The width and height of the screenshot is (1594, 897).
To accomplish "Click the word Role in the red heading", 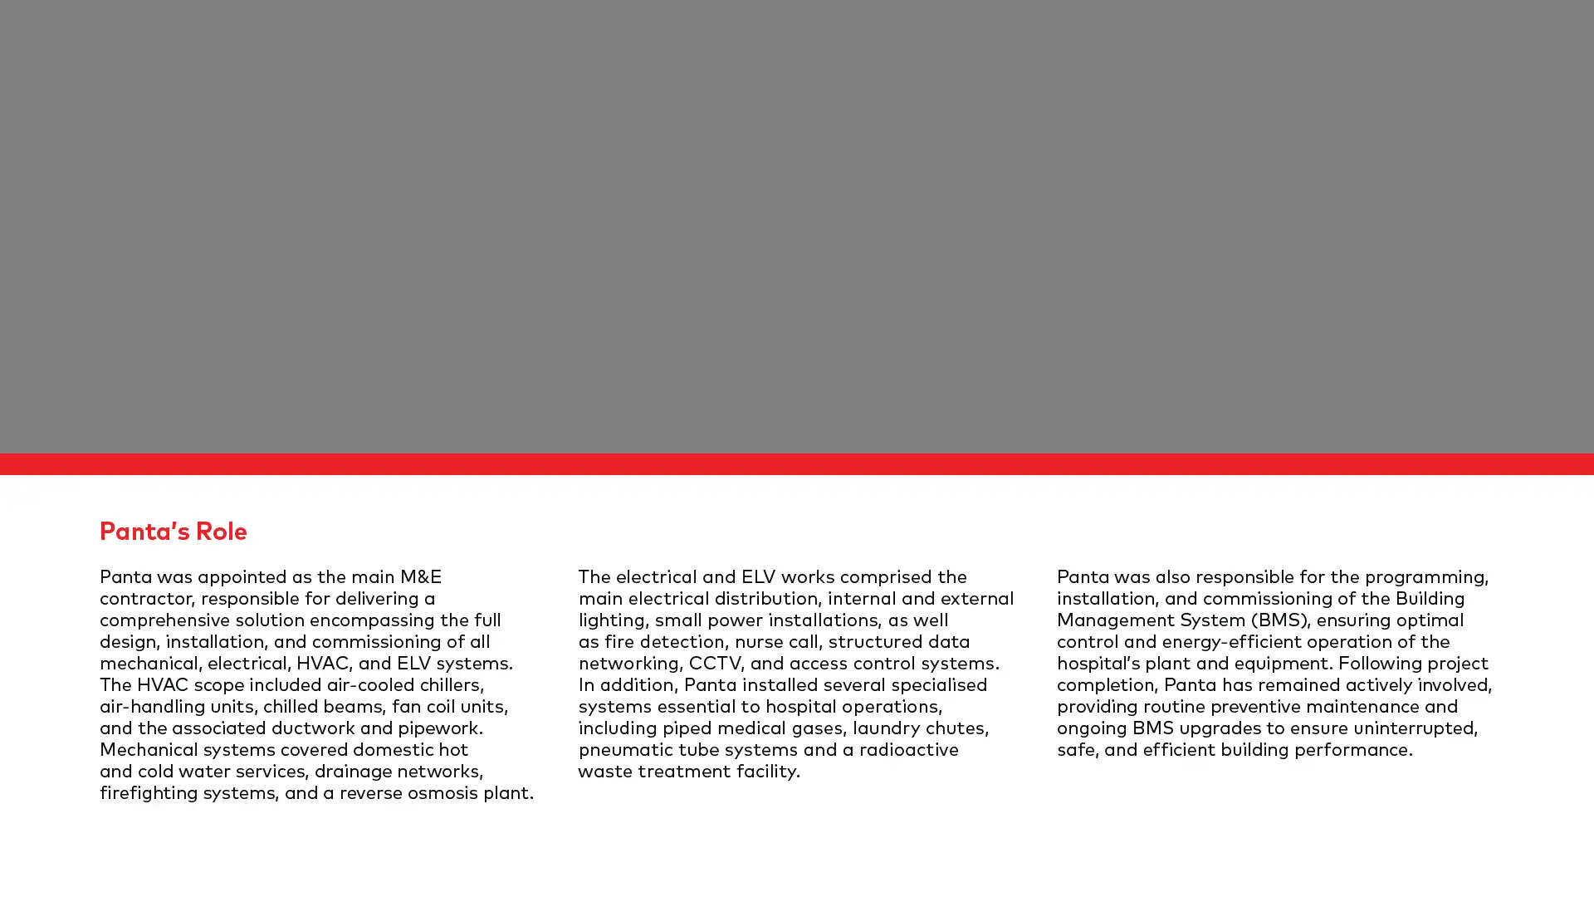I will click(x=221, y=532).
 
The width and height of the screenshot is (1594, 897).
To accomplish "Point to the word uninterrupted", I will click(x=1415, y=728).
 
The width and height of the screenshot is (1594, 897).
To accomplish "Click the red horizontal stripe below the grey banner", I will click(x=797, y=463).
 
